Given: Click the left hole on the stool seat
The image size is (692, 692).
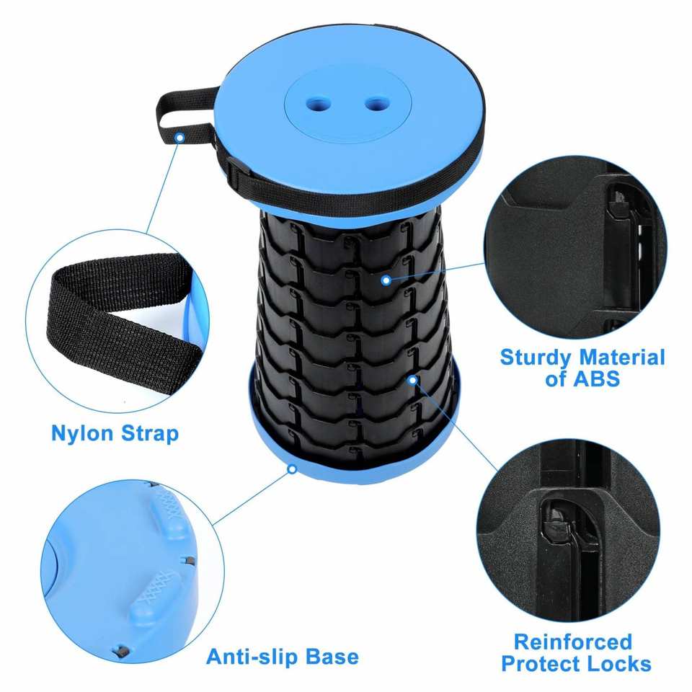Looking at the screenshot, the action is (x=319, y=104).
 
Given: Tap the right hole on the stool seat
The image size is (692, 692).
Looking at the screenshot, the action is (x=378, y=104).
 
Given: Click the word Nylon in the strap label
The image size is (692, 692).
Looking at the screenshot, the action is (x=82, y=434).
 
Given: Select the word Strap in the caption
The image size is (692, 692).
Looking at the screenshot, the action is (x=150, y=434).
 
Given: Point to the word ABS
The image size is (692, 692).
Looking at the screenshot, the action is (x=597, y=378).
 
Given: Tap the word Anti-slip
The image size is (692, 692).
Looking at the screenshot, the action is (x=251, y=656).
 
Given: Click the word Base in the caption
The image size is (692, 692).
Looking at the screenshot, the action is (x=331, y=657).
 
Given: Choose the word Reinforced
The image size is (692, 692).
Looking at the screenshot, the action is (x=573, y=642).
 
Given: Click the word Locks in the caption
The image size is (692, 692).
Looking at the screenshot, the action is (x=619, y=664).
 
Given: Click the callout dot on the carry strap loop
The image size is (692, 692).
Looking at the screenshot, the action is (x=179, y=138).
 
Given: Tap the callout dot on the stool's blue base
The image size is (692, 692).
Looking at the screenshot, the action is (x=292, y=469).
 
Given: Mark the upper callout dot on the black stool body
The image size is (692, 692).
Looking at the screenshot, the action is (x=386, y=280).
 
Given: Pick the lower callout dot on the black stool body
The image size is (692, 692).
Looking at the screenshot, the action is (x=412, y=380).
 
